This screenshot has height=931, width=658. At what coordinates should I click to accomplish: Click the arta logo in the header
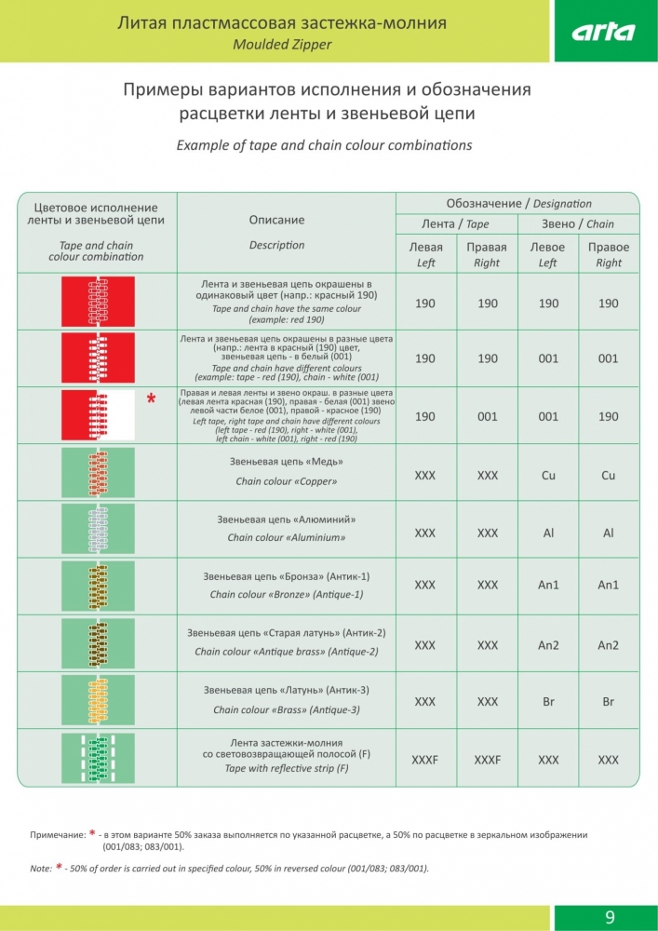603,32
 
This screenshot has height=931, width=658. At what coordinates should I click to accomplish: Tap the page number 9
610,917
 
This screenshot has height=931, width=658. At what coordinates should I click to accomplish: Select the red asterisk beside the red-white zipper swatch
151,399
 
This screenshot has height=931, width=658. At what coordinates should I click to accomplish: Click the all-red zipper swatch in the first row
98,301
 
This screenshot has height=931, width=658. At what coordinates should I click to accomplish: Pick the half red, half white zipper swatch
98,415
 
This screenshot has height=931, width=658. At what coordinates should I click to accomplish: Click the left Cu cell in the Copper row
548,476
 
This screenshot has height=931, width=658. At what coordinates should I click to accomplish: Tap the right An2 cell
608,645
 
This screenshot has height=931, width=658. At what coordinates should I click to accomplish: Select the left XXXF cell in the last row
424,761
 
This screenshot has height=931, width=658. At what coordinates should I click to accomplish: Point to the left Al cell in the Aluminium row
548,533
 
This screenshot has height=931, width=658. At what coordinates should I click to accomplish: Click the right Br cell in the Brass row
608,703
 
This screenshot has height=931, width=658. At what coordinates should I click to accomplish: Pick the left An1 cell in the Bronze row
548,586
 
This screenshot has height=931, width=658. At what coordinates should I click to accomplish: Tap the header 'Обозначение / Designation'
518,204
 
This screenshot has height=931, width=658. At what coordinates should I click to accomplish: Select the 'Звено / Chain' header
578,224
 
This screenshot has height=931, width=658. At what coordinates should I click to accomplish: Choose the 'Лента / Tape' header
455,224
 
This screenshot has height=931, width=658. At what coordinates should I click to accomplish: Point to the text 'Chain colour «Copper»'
286,482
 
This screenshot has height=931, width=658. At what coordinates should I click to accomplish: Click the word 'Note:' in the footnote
41,869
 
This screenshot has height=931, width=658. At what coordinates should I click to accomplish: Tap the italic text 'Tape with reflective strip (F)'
287,769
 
